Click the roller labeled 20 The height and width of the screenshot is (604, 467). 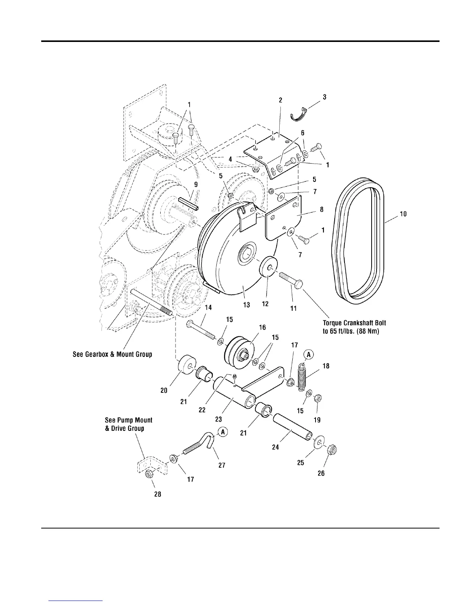tap(187, 366)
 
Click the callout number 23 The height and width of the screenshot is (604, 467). tap(218, 419)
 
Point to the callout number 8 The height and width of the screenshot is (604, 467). tap(322, 209)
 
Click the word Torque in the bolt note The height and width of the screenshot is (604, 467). tap(333, 323)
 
